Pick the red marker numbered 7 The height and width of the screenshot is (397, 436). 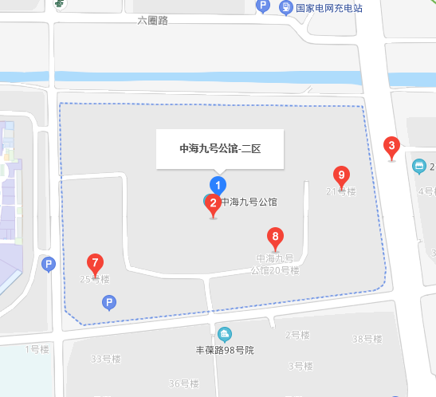[95, 262]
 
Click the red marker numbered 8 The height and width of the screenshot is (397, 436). [275, 237]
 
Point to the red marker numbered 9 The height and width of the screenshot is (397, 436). [341, 175]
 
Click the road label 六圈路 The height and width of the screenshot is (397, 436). [152, 21]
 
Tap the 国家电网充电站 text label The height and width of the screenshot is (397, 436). [329, 8]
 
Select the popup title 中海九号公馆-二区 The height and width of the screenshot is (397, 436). [220, 148]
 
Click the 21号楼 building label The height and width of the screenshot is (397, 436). [340, 191]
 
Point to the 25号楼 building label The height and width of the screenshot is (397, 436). [95, 279]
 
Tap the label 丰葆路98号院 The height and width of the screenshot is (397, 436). [225, 350]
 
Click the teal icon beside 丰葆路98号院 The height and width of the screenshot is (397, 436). [225, 333]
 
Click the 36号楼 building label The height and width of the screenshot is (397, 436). [183, 383]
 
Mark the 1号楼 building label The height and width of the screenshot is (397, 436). [37, 348]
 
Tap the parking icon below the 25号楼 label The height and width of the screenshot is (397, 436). [110, 302]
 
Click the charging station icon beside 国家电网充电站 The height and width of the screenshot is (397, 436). [285, 7]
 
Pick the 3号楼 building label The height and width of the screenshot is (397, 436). [299, 366]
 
